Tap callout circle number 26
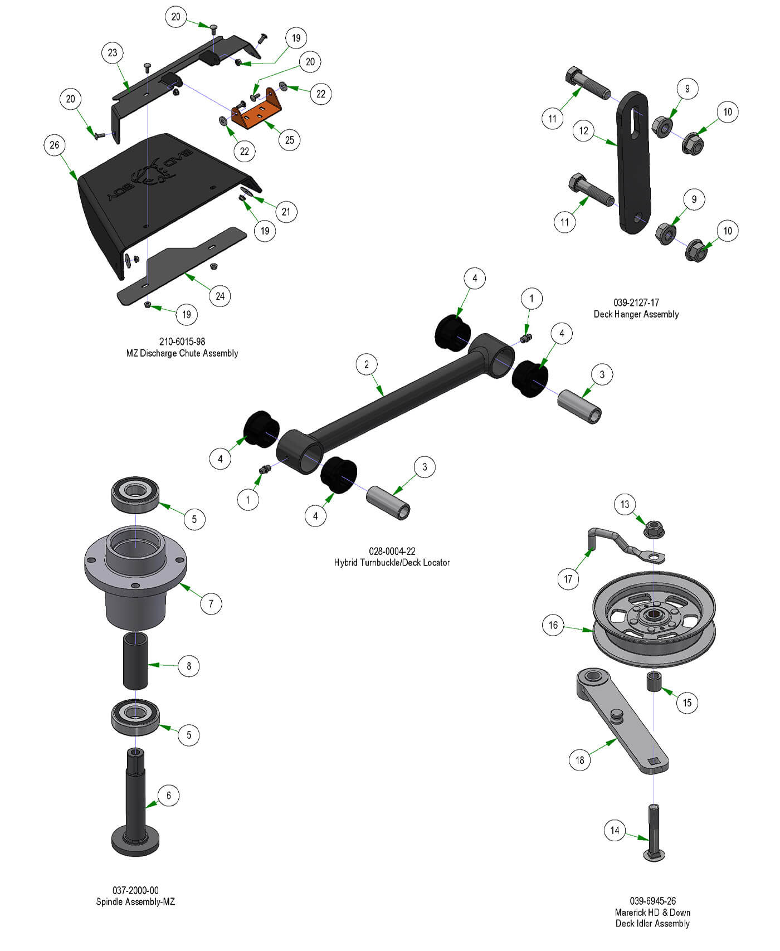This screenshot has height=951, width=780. tap(54, 145)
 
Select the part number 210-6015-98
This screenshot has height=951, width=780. tap(182, 342)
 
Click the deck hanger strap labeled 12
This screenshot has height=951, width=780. tap(633, 162)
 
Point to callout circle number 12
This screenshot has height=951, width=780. tap(583, 131)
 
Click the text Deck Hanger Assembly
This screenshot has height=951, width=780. tap(636, 314)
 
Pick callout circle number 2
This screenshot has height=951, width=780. tap(366, 364)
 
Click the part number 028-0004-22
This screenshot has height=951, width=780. tap(392, 551)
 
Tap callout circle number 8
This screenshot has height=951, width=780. tap(189, 666)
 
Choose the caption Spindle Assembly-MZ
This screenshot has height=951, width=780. tap(135, 901)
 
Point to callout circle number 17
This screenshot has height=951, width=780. tap(568, 579)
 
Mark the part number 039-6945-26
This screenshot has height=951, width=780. tap(652, 901)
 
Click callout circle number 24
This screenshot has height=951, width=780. tap(220, 296)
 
